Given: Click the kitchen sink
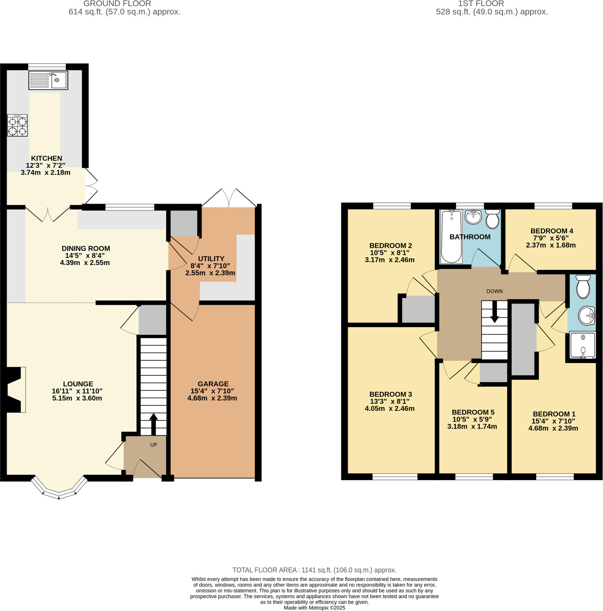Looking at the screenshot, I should tap(48, 80).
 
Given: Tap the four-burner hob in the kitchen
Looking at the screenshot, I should tap(17, 125).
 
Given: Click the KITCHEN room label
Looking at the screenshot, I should tap(46, 158).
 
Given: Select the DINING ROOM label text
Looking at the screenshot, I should tap(86, 249).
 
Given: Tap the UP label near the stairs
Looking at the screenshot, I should tap(153, 445).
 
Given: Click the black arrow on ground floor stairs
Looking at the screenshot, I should tap(153, 424).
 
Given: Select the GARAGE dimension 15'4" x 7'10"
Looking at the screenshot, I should tap(212, 391).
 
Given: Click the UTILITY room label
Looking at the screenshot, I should tap(211, 259).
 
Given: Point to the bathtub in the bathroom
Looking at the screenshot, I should tap(451, 236).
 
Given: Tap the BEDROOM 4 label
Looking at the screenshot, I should tap(552, 231).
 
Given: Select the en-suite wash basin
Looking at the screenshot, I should tap(587, 316).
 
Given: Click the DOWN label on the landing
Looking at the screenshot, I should tap(494, 291).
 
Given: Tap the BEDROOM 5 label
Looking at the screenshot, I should tap(473, 412).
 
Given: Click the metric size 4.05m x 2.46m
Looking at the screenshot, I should tap(390, 408).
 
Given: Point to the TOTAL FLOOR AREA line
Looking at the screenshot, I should tap(314, 570).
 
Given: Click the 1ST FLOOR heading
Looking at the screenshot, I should tap(481, 4).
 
